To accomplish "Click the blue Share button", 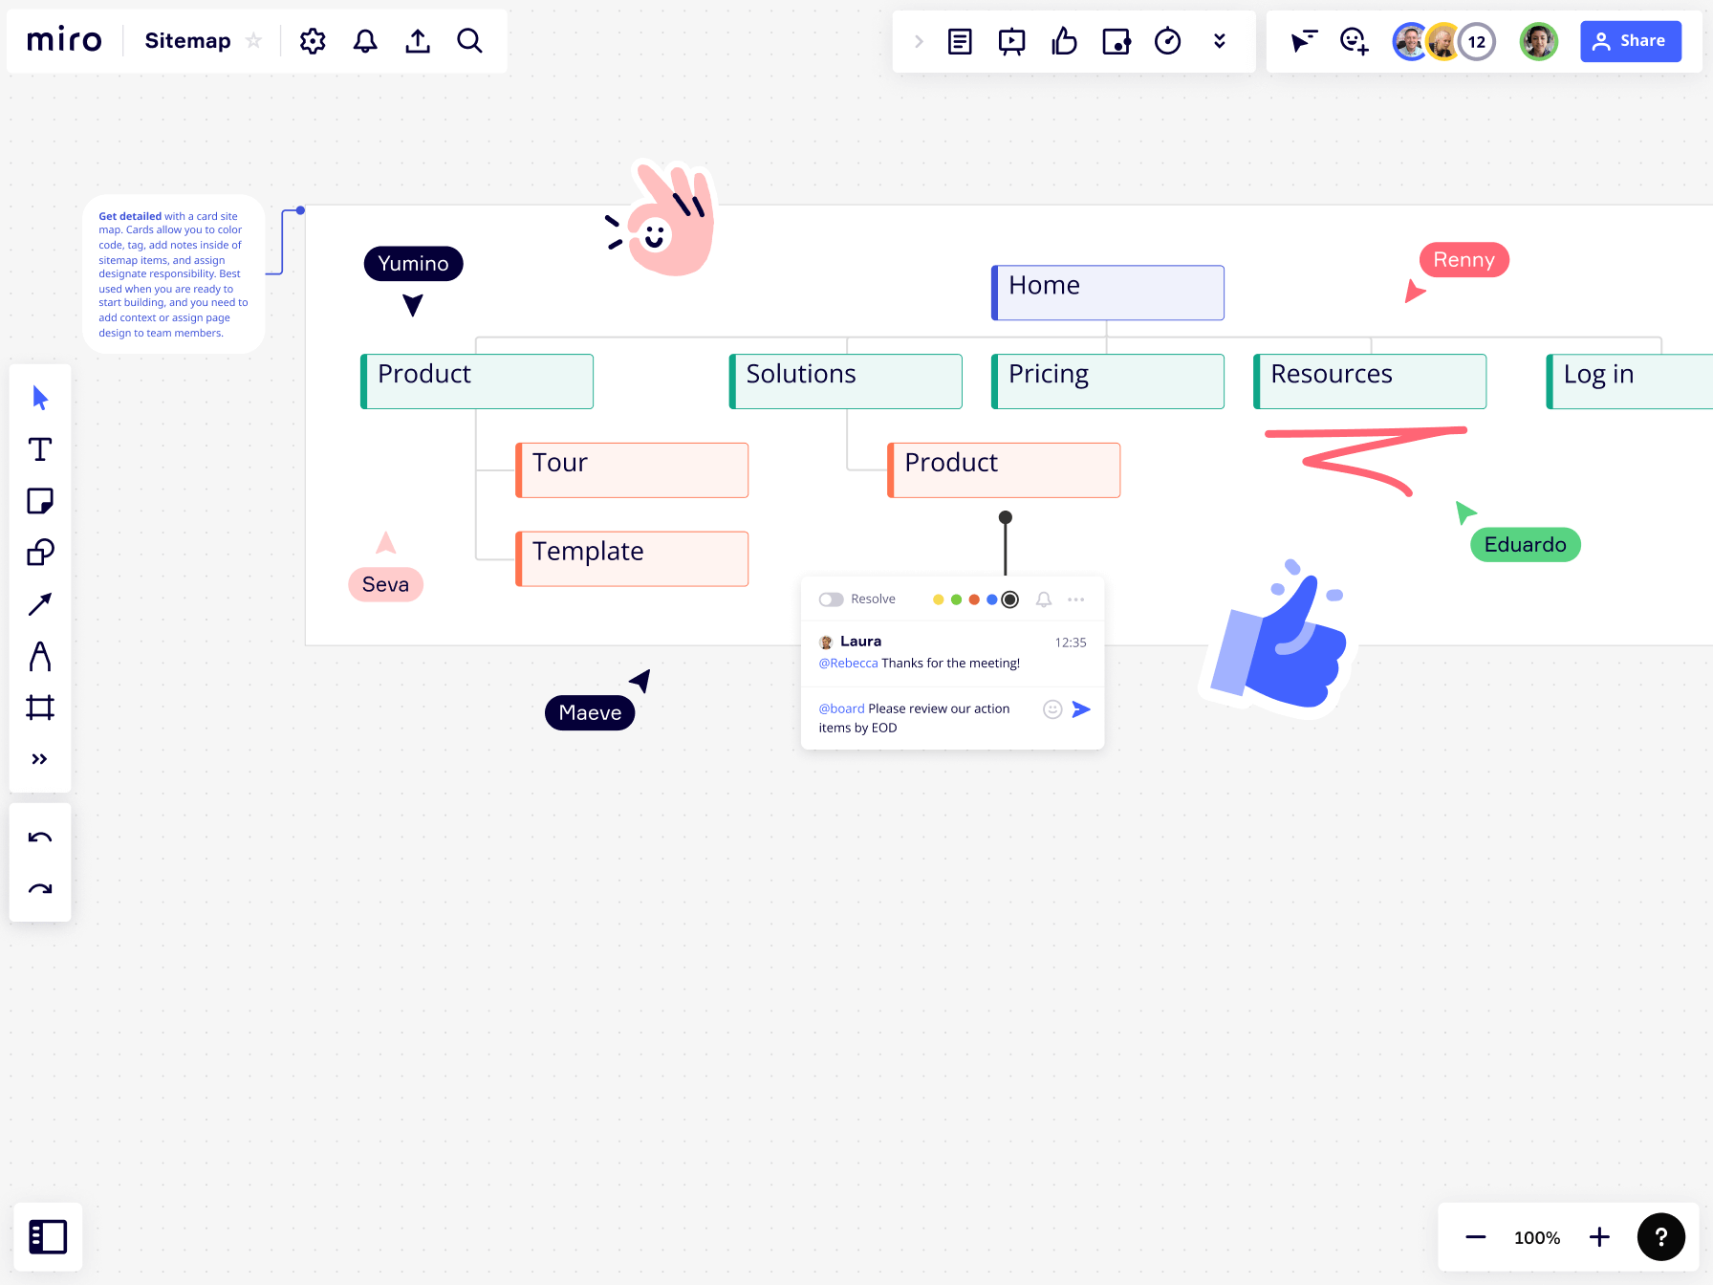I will tap(1630, 41).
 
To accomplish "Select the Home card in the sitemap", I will tap(1108, 293).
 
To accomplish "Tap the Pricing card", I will tap(1108, 381).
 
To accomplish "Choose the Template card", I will tap(632, 558).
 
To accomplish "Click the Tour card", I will tap(632, 469).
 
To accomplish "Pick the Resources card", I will tap(1370, 381).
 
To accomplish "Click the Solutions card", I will tap(846, 381).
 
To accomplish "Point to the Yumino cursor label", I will tap(413, 264).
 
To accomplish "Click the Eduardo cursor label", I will tap(1525, 545).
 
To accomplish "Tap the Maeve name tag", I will tap(590, 713).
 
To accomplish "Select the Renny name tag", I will tap(1464, 260).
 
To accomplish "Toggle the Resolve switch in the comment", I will tap(831, 599).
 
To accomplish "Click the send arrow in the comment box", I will tap(1081, 709).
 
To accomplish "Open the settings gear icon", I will tap(313, 41).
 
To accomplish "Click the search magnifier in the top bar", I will tap(469, 41).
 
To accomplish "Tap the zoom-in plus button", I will tap(1599, 1237).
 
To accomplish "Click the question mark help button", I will tap(1661, 1237).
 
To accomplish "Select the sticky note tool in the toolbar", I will tap(40, 501).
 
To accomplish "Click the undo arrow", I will tap(40, 839).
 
